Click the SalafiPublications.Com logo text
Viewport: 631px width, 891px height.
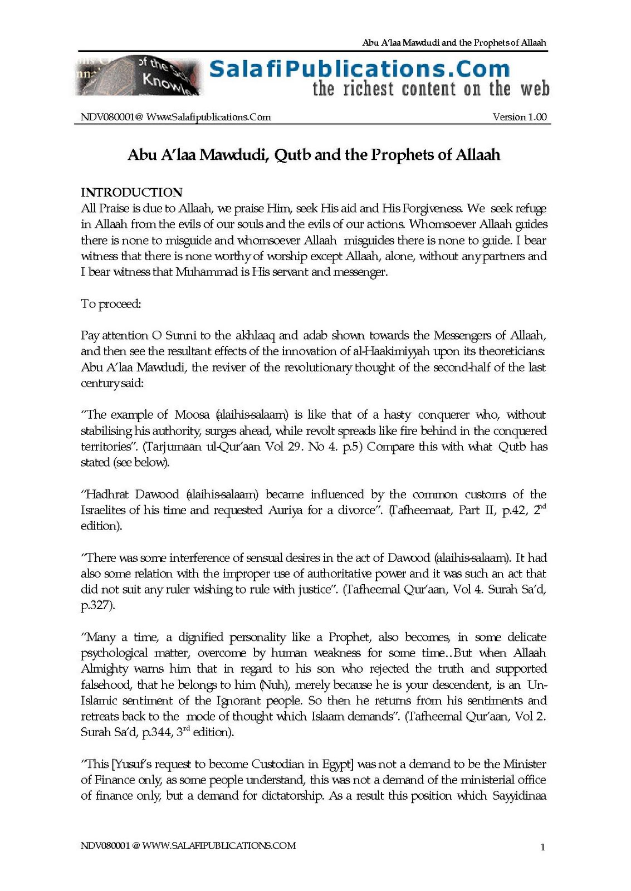click(359, 69)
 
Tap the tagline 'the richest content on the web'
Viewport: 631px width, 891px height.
click(431, 89)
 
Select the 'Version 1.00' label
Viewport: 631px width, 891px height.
click(520, 117)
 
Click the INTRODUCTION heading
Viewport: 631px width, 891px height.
click(131, 192)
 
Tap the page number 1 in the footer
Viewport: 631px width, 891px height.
click(542, 848)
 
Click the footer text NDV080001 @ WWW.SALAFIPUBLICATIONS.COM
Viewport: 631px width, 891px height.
click(188, 845)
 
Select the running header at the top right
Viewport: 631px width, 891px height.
click(454, 42)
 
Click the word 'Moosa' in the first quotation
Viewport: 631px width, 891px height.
click(192, 415)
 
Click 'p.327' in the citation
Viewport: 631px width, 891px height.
click(97, 606)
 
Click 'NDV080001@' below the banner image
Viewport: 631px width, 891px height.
click(112, 117)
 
